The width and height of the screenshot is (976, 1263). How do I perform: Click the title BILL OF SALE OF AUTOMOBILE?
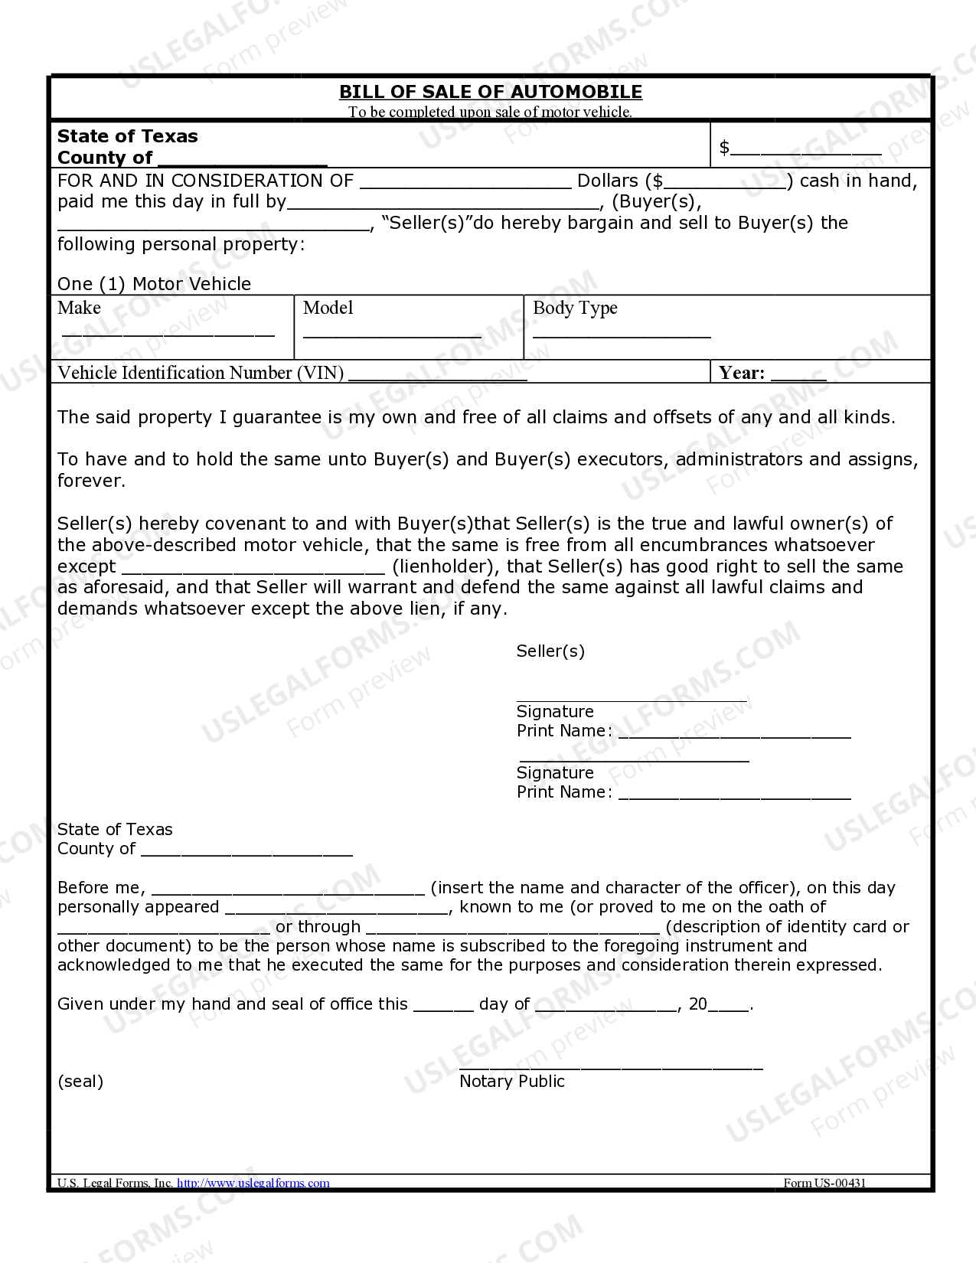point(490,92)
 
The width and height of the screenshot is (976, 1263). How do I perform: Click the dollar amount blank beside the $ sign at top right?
point(805,150)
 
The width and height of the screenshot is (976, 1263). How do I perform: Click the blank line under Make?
point(168,332)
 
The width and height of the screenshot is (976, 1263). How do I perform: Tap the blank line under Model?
point(392,333)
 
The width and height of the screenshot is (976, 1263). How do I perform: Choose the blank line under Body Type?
point(622,333)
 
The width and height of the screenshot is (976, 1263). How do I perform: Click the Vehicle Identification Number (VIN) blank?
point(437,376)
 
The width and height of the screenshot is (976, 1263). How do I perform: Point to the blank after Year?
point(798,376)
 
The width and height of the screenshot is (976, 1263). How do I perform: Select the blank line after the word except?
point(253,569)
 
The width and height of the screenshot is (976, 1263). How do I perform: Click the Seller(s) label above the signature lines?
point(550,651)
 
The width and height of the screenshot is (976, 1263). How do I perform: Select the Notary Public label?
point(512,1082)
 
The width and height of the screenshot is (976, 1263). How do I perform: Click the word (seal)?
point(80,1082)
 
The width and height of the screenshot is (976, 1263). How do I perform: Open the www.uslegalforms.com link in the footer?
point(253,1183)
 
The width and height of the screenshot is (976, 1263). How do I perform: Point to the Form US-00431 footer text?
point(824,1183)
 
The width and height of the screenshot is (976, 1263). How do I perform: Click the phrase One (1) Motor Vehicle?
point(154,284)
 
